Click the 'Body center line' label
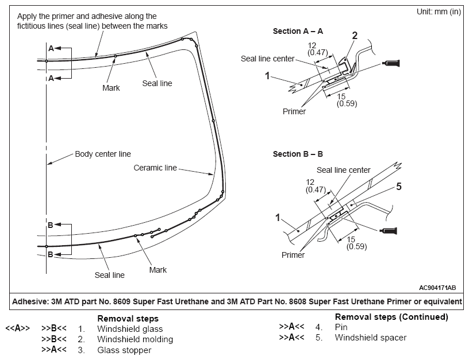[x=103, y=154]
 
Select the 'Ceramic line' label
[x=155, y=168]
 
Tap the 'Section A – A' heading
[x=298, y=32]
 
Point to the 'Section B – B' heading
[x=298, y=154]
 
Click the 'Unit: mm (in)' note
[x=436, y=12]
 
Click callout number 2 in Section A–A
[x=355, y=36]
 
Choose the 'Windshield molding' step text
[x=135, y=339]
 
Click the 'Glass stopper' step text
[x=124, y=350]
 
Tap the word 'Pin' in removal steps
[x=341, y=327]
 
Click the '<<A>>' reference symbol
[x=18, y=329]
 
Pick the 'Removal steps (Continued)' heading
[x=391, y=317]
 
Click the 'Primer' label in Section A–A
[x=294, y=111]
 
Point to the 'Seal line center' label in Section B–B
[x=344, y=170]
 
